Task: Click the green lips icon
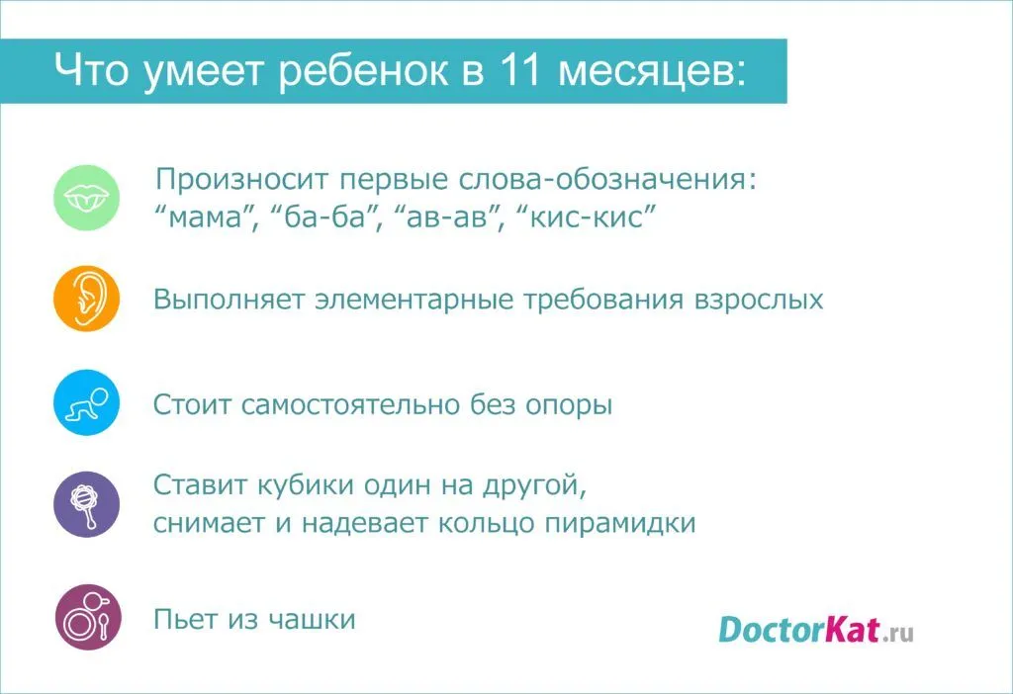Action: pos(87,198)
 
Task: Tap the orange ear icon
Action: pos(87,299)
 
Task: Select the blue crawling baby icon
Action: pos(87,402)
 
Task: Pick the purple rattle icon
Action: pos(87,504)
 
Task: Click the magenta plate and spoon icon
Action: pos(88,617)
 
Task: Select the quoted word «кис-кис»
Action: pos(587,217)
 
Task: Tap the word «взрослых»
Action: pos(759,301)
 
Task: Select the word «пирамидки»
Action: pos(620,524)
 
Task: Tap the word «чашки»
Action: pos(312,619)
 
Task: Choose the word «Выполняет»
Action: pos(229,301)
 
